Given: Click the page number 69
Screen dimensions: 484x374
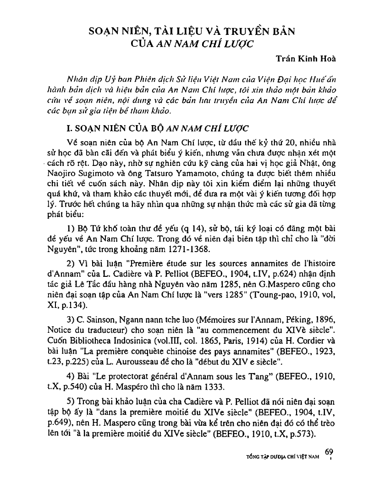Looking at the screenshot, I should click(329, 452).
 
